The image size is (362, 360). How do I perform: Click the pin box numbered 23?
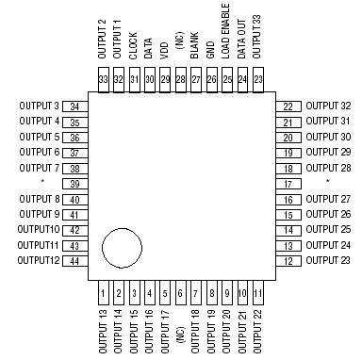(x=257, y=79)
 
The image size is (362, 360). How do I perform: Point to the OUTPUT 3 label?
(x=39, y=106)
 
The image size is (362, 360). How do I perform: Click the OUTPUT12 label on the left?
(x=39, y=260)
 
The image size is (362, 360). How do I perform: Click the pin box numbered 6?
(x=180, y=294)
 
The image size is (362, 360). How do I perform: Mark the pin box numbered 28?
(x=180, y=79)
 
